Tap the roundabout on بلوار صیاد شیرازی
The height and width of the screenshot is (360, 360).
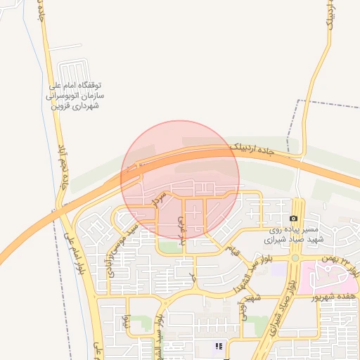point(295,257)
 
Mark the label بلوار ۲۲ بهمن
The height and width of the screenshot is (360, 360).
point(342,265)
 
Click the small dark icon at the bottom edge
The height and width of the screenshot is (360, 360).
point(219,346)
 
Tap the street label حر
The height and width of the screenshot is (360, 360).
point(192,278)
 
